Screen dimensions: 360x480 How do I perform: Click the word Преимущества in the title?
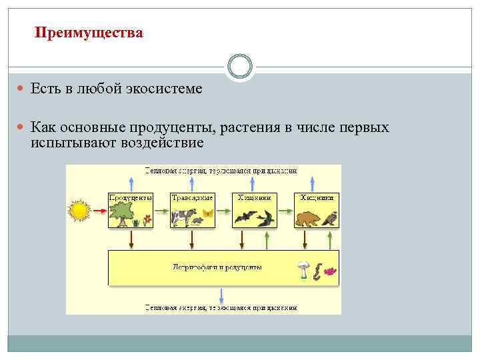pos(88,33)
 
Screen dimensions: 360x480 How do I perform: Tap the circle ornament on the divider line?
pos(240,67)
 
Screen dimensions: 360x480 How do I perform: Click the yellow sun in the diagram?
pos(79,211)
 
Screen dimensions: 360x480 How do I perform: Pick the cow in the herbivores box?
pos(182,217)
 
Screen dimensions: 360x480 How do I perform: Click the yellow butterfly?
pos(207,213)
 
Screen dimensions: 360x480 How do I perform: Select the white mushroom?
pos(304,269)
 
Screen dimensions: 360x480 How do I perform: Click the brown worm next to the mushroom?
pos(317,272)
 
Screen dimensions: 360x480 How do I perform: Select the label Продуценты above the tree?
pos(131,198)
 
